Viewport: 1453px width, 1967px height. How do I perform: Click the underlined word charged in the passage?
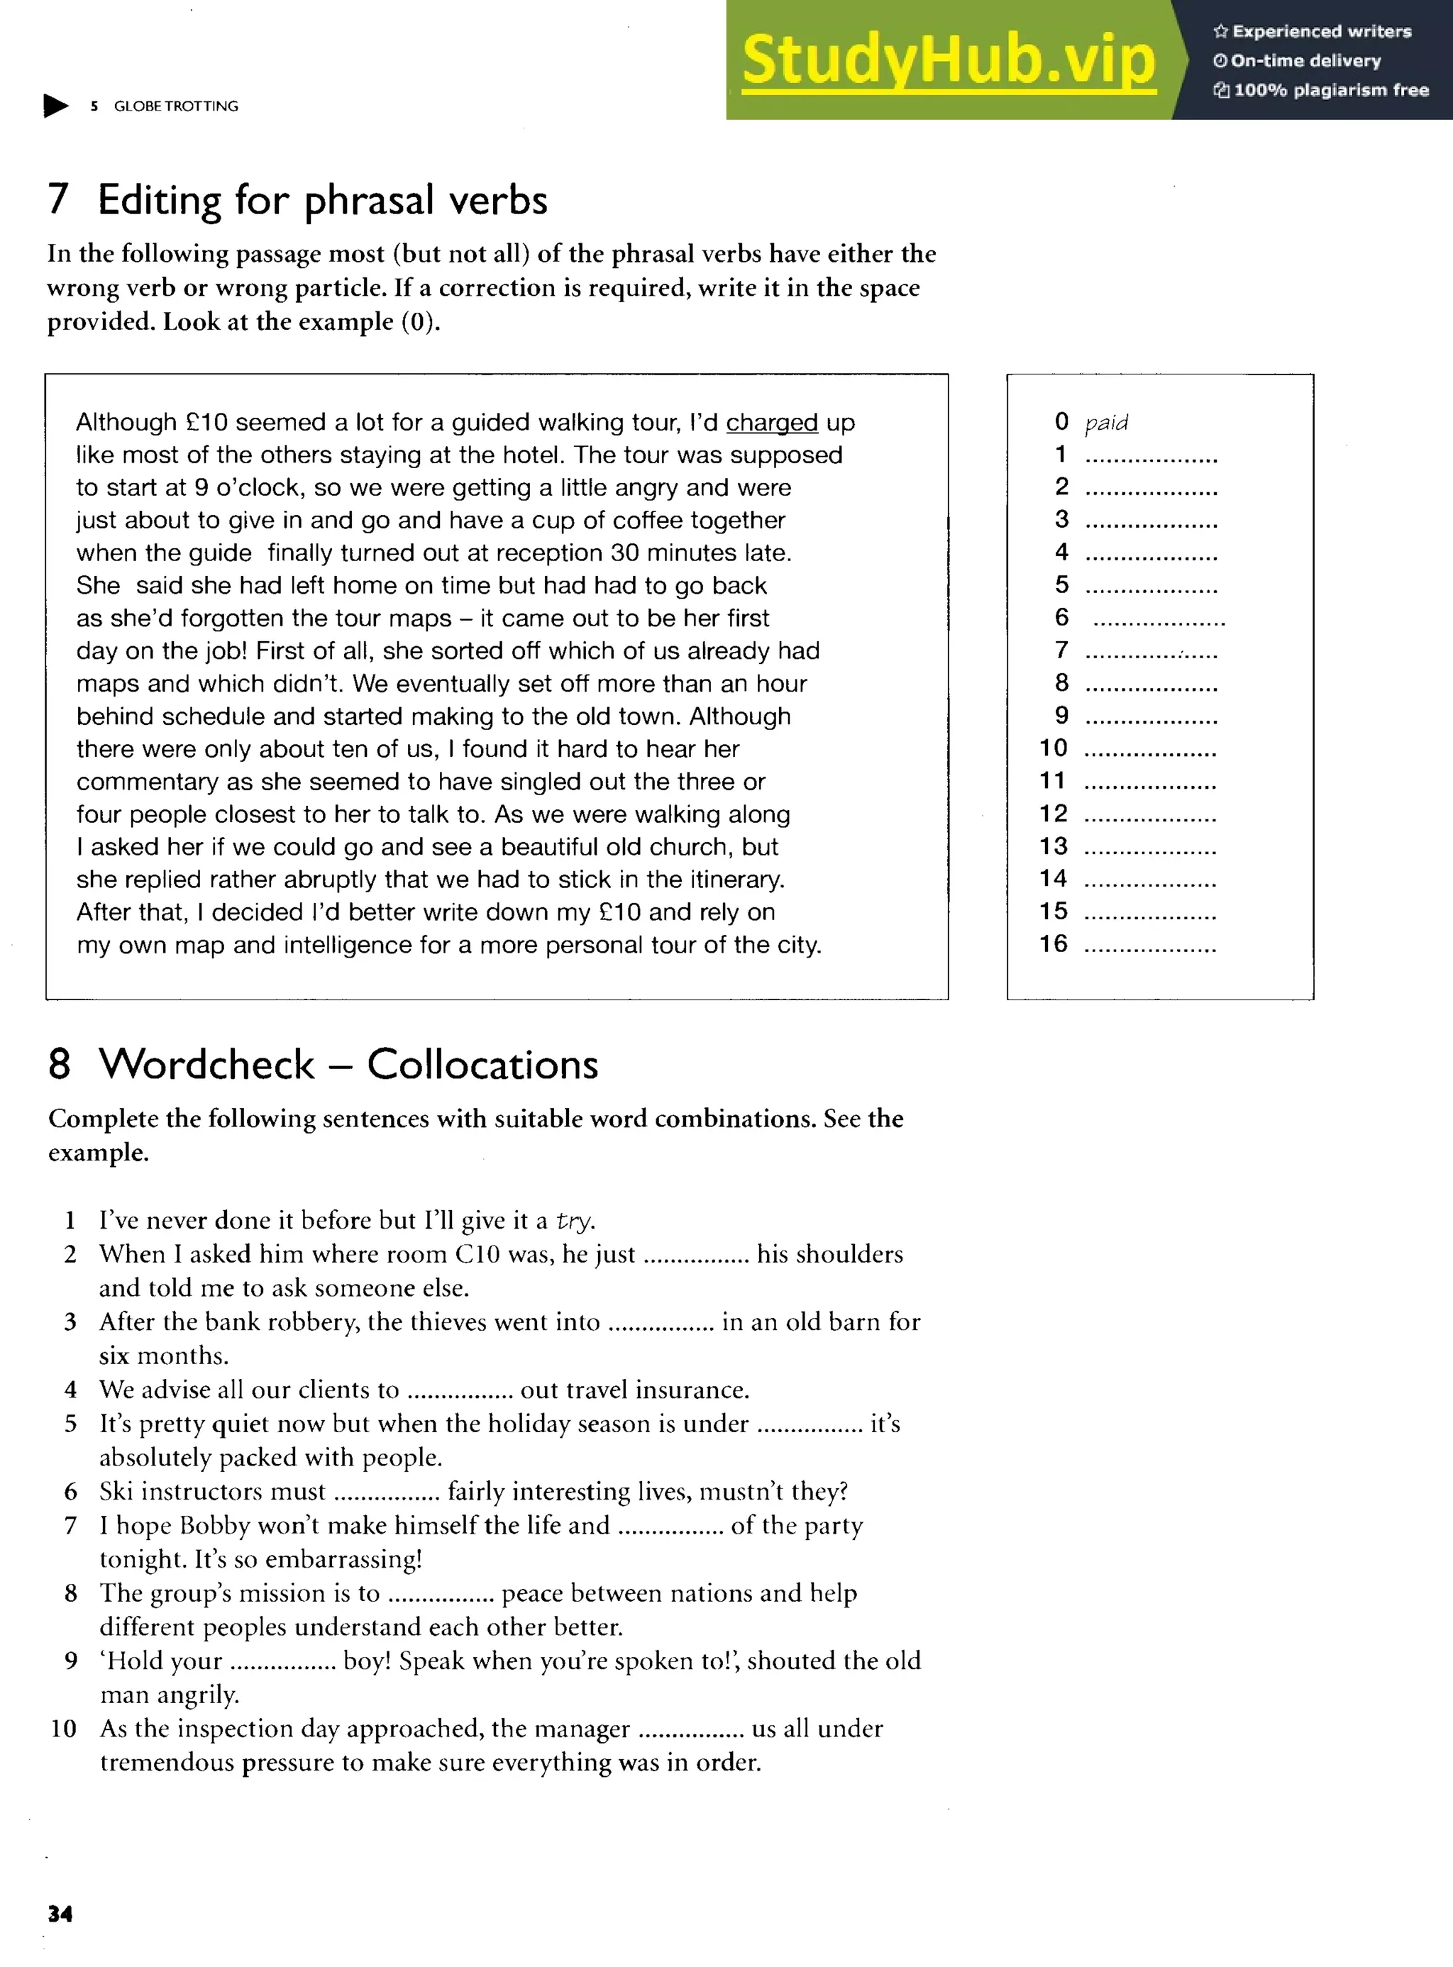click(771, 423)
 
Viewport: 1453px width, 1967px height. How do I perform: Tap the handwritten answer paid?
click(1105, 423)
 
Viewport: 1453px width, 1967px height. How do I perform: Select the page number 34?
click(60, 1913)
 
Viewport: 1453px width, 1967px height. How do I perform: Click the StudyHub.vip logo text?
click(948, 60)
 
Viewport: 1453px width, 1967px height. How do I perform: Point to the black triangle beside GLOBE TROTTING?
click(55, 106)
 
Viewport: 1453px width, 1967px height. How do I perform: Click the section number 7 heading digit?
click(58, 199)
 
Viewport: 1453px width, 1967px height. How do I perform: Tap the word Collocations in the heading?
click(482, 1065)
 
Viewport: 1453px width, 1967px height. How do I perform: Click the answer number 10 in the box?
click(1053, 748)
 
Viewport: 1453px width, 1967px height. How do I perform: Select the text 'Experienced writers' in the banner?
click(1321, 32)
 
